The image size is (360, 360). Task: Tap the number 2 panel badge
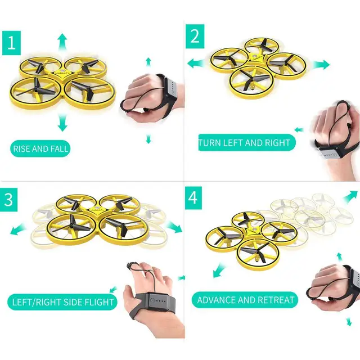[x=195, y=35]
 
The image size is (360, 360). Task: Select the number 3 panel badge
[x=8, y=201]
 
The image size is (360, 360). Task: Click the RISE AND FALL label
[x=41, y=149]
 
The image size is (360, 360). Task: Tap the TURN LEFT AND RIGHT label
[x=246, y=143]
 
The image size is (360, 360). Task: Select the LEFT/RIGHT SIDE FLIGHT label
[x=63, y=302]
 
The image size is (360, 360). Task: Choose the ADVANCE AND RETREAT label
[x=246, y=300]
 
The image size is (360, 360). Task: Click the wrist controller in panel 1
[x=172, y=89]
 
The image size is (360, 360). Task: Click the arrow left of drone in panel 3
[x=17, y=229]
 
